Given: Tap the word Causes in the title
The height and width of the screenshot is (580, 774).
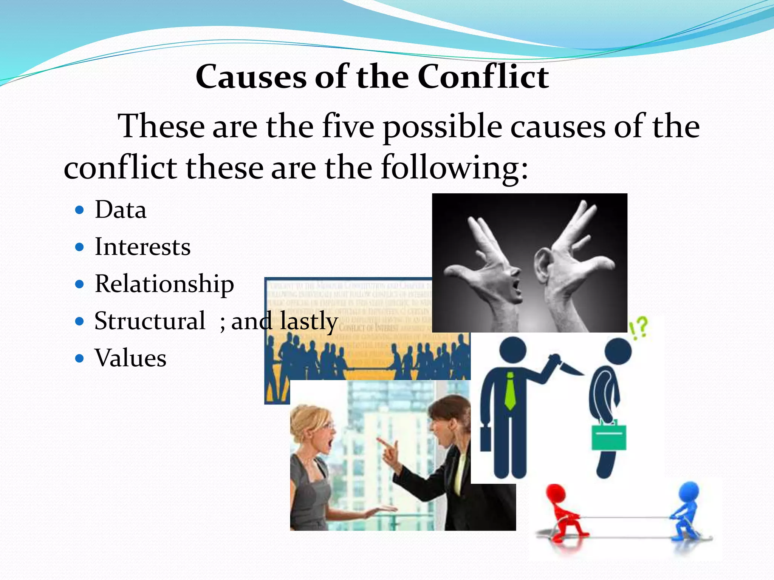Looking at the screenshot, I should [x=251, y=77].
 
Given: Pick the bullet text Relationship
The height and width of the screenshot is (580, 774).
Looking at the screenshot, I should [x=164, y=284].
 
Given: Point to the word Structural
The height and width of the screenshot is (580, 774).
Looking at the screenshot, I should [x=150, y=321].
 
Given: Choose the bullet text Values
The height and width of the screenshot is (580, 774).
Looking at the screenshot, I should [x=130, y=358].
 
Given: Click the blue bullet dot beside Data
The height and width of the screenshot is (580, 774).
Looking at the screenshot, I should [x=79, y=210].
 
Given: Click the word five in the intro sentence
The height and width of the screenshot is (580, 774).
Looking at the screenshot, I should [x=348, y=126].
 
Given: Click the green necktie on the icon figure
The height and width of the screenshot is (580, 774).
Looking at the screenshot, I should [x=510, y=391].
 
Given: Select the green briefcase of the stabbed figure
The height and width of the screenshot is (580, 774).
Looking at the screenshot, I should [x=609, y=436].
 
